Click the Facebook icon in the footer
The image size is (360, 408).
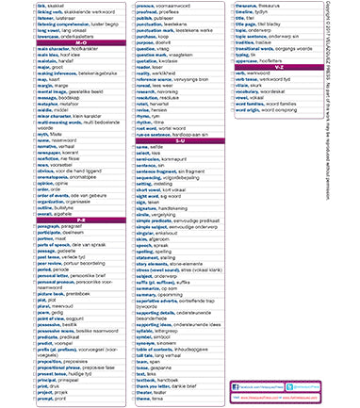point(237,386)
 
